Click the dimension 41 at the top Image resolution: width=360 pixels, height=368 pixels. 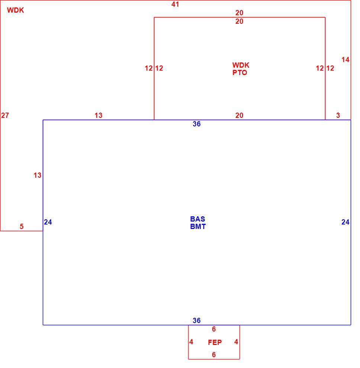tap(175, 4)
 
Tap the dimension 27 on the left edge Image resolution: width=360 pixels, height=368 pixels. tap(5, 116)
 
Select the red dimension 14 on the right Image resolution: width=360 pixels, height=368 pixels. tap(345, 59)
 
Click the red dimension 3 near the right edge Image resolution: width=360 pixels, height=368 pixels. tap(338, 116)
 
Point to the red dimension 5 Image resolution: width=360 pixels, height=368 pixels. tap(22, 226)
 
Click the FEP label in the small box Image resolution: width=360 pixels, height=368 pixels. tap(215, 343)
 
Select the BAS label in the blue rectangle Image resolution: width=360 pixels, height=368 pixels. tap(197, 219)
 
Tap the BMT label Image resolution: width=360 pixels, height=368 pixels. tap(198, 226)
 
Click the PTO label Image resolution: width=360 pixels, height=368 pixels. tap(240, 73)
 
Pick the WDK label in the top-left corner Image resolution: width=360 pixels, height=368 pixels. tap(16, 10)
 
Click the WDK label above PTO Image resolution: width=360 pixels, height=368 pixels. tap(241, 65)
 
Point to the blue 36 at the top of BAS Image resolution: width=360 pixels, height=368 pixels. tap(197, 124)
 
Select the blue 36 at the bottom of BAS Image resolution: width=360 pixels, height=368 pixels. tap(197, 320)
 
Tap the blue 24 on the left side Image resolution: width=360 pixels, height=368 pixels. tap(48, 222)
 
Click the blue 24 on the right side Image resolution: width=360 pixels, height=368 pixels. tap(345, 222)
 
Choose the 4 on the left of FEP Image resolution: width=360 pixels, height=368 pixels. tap(191, 342)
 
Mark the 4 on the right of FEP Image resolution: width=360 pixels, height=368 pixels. tap(236, 342)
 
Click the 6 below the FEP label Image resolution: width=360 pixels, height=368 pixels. tap(214, 355)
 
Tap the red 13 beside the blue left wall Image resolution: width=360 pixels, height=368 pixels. tap(38, 175)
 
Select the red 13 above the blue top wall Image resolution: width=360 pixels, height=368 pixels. tap(98, 116)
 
